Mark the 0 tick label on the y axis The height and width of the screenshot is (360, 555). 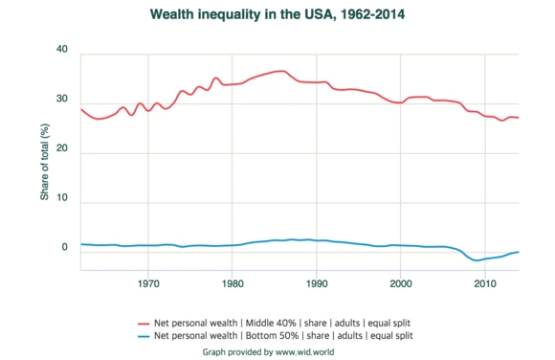(65, 248)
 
